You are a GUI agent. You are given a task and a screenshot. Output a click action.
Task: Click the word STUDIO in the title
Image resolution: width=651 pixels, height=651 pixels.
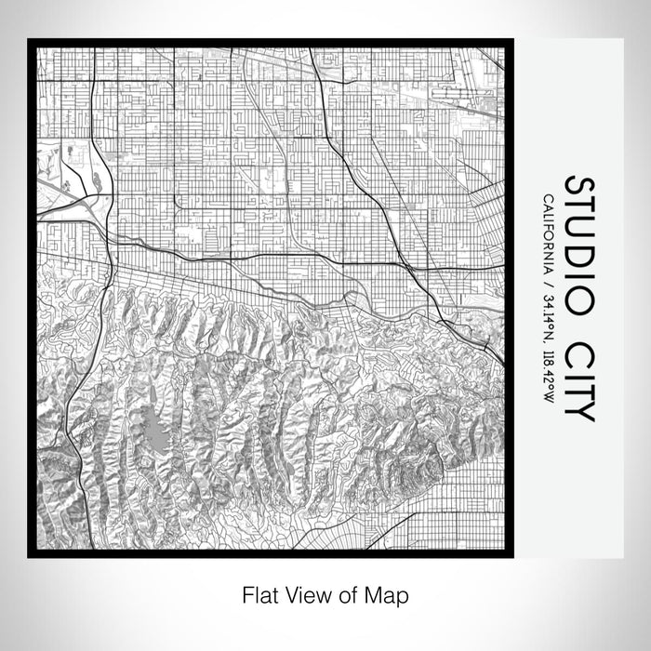(x=578, y=243)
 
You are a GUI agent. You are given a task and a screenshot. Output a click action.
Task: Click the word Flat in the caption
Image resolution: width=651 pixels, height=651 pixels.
(x=260, y=592)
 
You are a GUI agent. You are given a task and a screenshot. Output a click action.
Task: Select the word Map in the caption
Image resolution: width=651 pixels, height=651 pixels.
(x=390, y=592)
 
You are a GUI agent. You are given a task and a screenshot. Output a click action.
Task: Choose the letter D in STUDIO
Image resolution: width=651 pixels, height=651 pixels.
(x=578, y=256)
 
